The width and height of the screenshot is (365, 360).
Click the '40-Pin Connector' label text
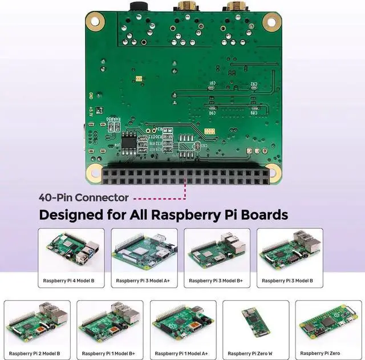click(84, 198)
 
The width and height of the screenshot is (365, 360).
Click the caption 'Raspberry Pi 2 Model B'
click(35, 353)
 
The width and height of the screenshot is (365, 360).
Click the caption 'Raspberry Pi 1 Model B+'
click(108, 353)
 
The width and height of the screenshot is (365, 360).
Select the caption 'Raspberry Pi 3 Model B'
click(290, 281)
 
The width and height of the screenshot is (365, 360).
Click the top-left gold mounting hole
click(95, 22)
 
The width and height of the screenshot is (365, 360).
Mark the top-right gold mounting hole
click(272, 22)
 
